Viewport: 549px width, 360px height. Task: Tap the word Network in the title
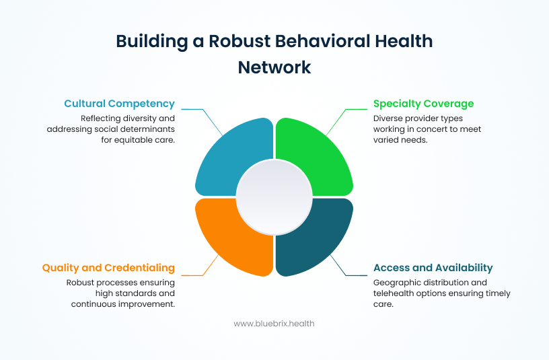tap(274, 67)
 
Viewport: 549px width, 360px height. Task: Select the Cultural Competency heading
tap(120, 104)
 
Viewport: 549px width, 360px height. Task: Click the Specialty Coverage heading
tap(424, 104)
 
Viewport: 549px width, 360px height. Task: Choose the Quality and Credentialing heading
tap(108, 268)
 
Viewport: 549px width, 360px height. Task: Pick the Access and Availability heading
tap(433, 268)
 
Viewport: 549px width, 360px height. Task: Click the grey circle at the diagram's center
tap(274, 196)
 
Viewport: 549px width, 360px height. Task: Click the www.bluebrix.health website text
tap(274, 324)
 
